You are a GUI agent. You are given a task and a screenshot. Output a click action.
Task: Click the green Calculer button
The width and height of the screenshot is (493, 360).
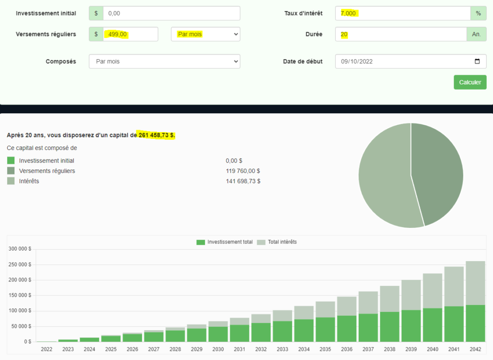470,82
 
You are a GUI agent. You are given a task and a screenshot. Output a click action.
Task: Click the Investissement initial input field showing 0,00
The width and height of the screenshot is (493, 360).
171,13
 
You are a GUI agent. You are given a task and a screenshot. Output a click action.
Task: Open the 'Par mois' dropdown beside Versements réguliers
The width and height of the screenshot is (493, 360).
206,34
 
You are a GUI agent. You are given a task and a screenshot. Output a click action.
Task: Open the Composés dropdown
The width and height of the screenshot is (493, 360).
164,62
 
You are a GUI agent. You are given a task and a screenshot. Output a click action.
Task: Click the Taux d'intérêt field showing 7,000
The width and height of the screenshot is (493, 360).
402,13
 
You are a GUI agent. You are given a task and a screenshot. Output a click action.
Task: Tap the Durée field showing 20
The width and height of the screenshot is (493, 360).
401,34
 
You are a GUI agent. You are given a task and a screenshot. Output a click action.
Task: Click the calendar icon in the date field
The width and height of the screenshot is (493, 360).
477,62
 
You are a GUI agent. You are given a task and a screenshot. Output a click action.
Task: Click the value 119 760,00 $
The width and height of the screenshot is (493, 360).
243,171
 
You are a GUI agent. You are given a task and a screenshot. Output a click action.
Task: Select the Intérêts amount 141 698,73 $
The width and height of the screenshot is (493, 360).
243,181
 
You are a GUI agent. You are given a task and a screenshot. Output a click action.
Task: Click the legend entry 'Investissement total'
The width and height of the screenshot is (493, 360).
225,242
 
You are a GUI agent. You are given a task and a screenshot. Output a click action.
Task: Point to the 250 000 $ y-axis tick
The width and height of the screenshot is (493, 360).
20,265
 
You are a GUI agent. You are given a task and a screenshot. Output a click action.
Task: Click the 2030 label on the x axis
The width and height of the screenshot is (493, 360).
218,349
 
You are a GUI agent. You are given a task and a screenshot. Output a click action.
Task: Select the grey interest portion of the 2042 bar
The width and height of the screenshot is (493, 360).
475,282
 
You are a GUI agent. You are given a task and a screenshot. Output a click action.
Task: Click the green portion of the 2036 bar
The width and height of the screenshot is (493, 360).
347,329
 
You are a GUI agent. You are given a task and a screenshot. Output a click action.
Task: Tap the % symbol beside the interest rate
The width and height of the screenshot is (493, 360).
478,13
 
